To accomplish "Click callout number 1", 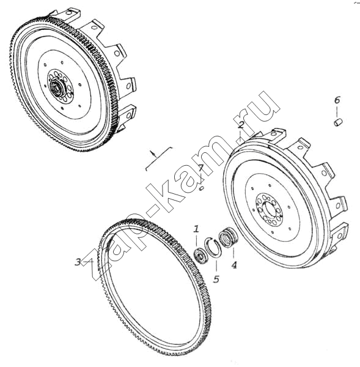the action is tap(196, 229).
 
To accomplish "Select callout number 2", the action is tap(241, 125).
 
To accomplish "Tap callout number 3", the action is tap(78, 262).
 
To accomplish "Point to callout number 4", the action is tap(234, 265).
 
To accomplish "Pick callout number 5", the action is tap(216, 279).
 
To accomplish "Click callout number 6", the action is tap(337, 100).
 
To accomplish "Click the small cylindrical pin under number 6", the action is tap(338, 122).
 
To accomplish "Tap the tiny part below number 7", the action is tap(202, 188).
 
